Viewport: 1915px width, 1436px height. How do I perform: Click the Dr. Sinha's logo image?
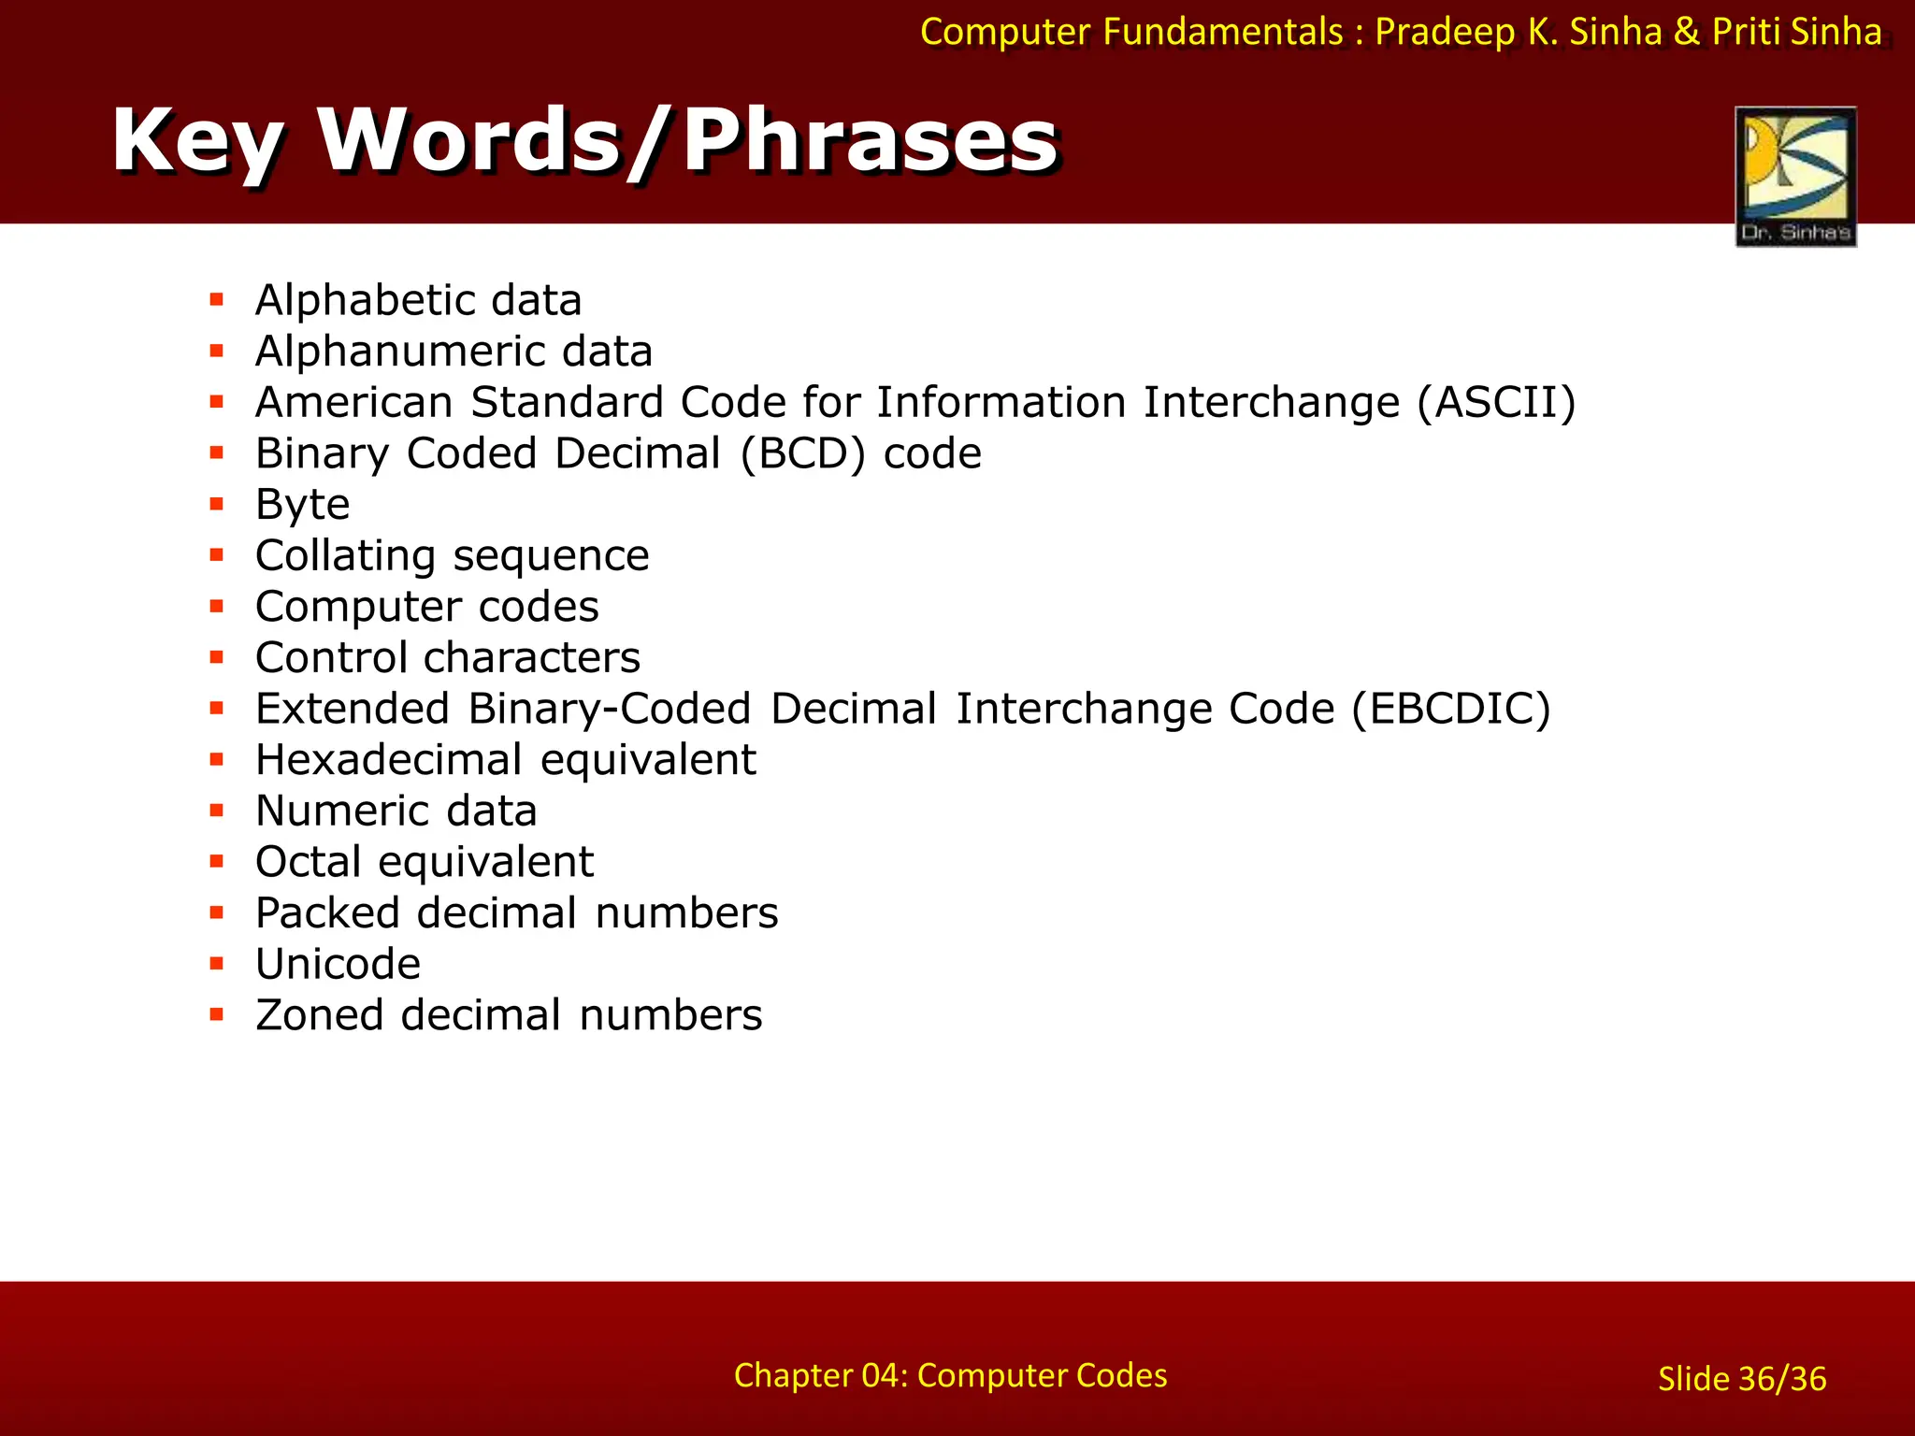[x=1795, y=176]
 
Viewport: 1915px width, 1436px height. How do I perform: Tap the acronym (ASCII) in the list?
[x=1496, y=403]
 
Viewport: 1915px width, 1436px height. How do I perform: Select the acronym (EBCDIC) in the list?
[x=1451, y=709]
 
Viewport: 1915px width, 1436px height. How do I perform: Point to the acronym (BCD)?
[x=803, y=454]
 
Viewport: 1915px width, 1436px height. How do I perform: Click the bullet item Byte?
[x=302, y=506]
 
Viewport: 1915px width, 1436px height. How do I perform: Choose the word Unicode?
[x=338, y=965]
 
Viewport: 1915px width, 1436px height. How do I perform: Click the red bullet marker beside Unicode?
[x=217, y=963]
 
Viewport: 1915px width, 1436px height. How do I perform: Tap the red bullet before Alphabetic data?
[x=217, y=299]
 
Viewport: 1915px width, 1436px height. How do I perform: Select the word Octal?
[x=308, y=862]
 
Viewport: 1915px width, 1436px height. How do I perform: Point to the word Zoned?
[x=319, y=1015]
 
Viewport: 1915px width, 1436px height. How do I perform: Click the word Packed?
[x=327, y=913]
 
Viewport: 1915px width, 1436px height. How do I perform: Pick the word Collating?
[x=345, y=556]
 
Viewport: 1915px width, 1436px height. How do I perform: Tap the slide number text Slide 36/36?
[x=1741, y=1379]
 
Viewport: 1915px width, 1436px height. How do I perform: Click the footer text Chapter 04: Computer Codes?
[x=950, y=1375]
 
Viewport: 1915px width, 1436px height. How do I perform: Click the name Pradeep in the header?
[x=1444, y=33]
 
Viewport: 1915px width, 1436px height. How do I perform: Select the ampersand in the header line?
[x=1686, y=32]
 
